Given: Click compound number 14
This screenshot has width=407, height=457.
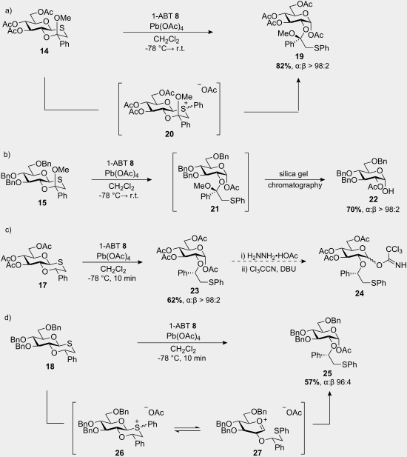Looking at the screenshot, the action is [x=44, y=51].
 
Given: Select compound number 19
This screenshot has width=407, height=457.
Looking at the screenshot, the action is [x=299, y=56].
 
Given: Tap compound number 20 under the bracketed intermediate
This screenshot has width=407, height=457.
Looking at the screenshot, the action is [x=169, y=134].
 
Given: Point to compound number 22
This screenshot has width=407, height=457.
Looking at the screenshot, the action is [x=373, y=199].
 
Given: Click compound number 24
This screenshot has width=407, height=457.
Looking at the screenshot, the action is [x=359, y=293].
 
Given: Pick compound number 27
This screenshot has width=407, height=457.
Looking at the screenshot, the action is [x=258, y=453].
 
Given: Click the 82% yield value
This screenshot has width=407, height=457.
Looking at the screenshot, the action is [x=283, y=66].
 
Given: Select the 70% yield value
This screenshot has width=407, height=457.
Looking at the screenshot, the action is [x=354, y=210].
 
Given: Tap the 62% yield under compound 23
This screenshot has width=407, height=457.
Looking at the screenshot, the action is [x=175, y=300].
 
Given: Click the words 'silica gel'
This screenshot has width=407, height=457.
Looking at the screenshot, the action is [x=294, y=174].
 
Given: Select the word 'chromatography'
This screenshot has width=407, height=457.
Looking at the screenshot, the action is [x=295, y=185].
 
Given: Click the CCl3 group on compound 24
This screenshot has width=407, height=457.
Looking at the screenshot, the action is [x=394, y=250].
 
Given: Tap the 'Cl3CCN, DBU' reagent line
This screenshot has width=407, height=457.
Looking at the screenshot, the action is [x=269, y=269].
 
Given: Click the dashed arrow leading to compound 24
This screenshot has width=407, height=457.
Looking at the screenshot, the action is [x=269, y=261].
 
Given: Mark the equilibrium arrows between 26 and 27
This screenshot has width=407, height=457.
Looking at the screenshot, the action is [x=187, y=429].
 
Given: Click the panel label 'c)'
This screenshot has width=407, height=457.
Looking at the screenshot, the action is [x=8, y=230].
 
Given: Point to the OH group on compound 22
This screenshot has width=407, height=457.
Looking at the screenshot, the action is [x=388, y=191].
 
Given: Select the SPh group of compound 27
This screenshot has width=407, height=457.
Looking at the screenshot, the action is [x=281, y=431].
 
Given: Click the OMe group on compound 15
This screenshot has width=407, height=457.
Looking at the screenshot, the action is [x=61, y=170].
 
